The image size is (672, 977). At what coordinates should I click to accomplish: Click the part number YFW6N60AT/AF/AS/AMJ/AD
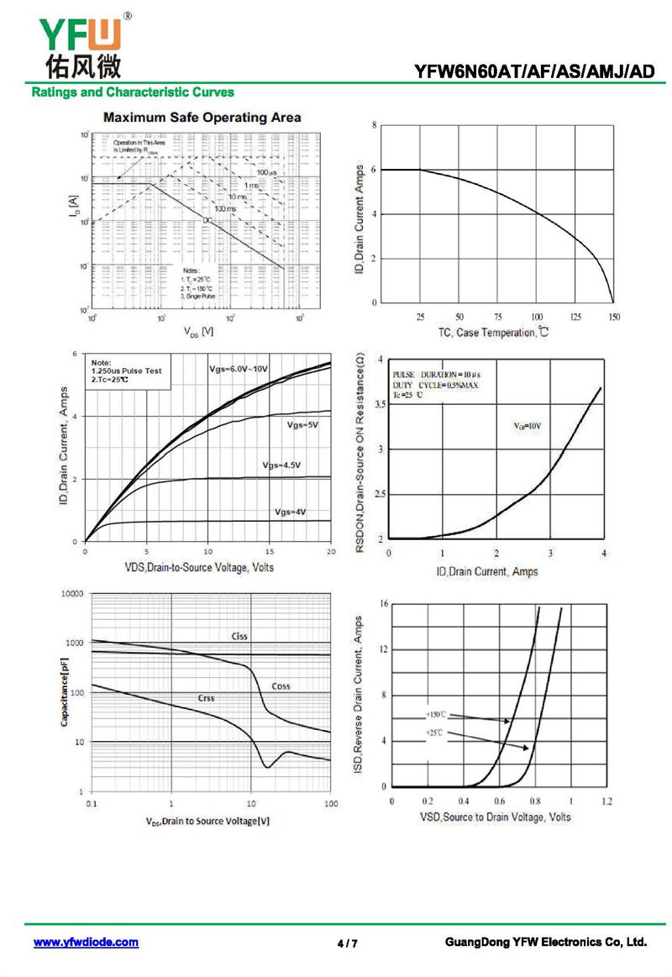533,72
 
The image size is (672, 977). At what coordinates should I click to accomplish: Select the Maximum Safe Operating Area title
202,118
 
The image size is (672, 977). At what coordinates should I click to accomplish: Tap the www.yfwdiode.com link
86,943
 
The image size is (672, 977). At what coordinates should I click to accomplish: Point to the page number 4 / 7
348,943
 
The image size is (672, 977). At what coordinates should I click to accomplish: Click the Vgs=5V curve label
302,425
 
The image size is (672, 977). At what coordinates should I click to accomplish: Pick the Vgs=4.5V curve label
281,465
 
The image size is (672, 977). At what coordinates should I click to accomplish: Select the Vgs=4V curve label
290,512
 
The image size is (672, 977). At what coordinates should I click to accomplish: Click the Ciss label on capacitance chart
239,636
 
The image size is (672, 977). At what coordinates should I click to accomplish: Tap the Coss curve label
281,686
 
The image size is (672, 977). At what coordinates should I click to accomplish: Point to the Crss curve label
206,698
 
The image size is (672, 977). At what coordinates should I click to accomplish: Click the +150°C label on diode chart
438,714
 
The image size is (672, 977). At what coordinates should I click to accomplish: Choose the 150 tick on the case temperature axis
614,317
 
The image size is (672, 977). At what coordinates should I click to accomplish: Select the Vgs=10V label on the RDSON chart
527,426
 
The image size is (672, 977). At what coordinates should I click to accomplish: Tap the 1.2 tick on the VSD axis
606,801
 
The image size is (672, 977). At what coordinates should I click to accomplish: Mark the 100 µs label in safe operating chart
267,172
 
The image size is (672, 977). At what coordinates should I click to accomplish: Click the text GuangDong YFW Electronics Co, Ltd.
546,943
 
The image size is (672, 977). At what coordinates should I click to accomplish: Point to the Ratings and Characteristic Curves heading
133,92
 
